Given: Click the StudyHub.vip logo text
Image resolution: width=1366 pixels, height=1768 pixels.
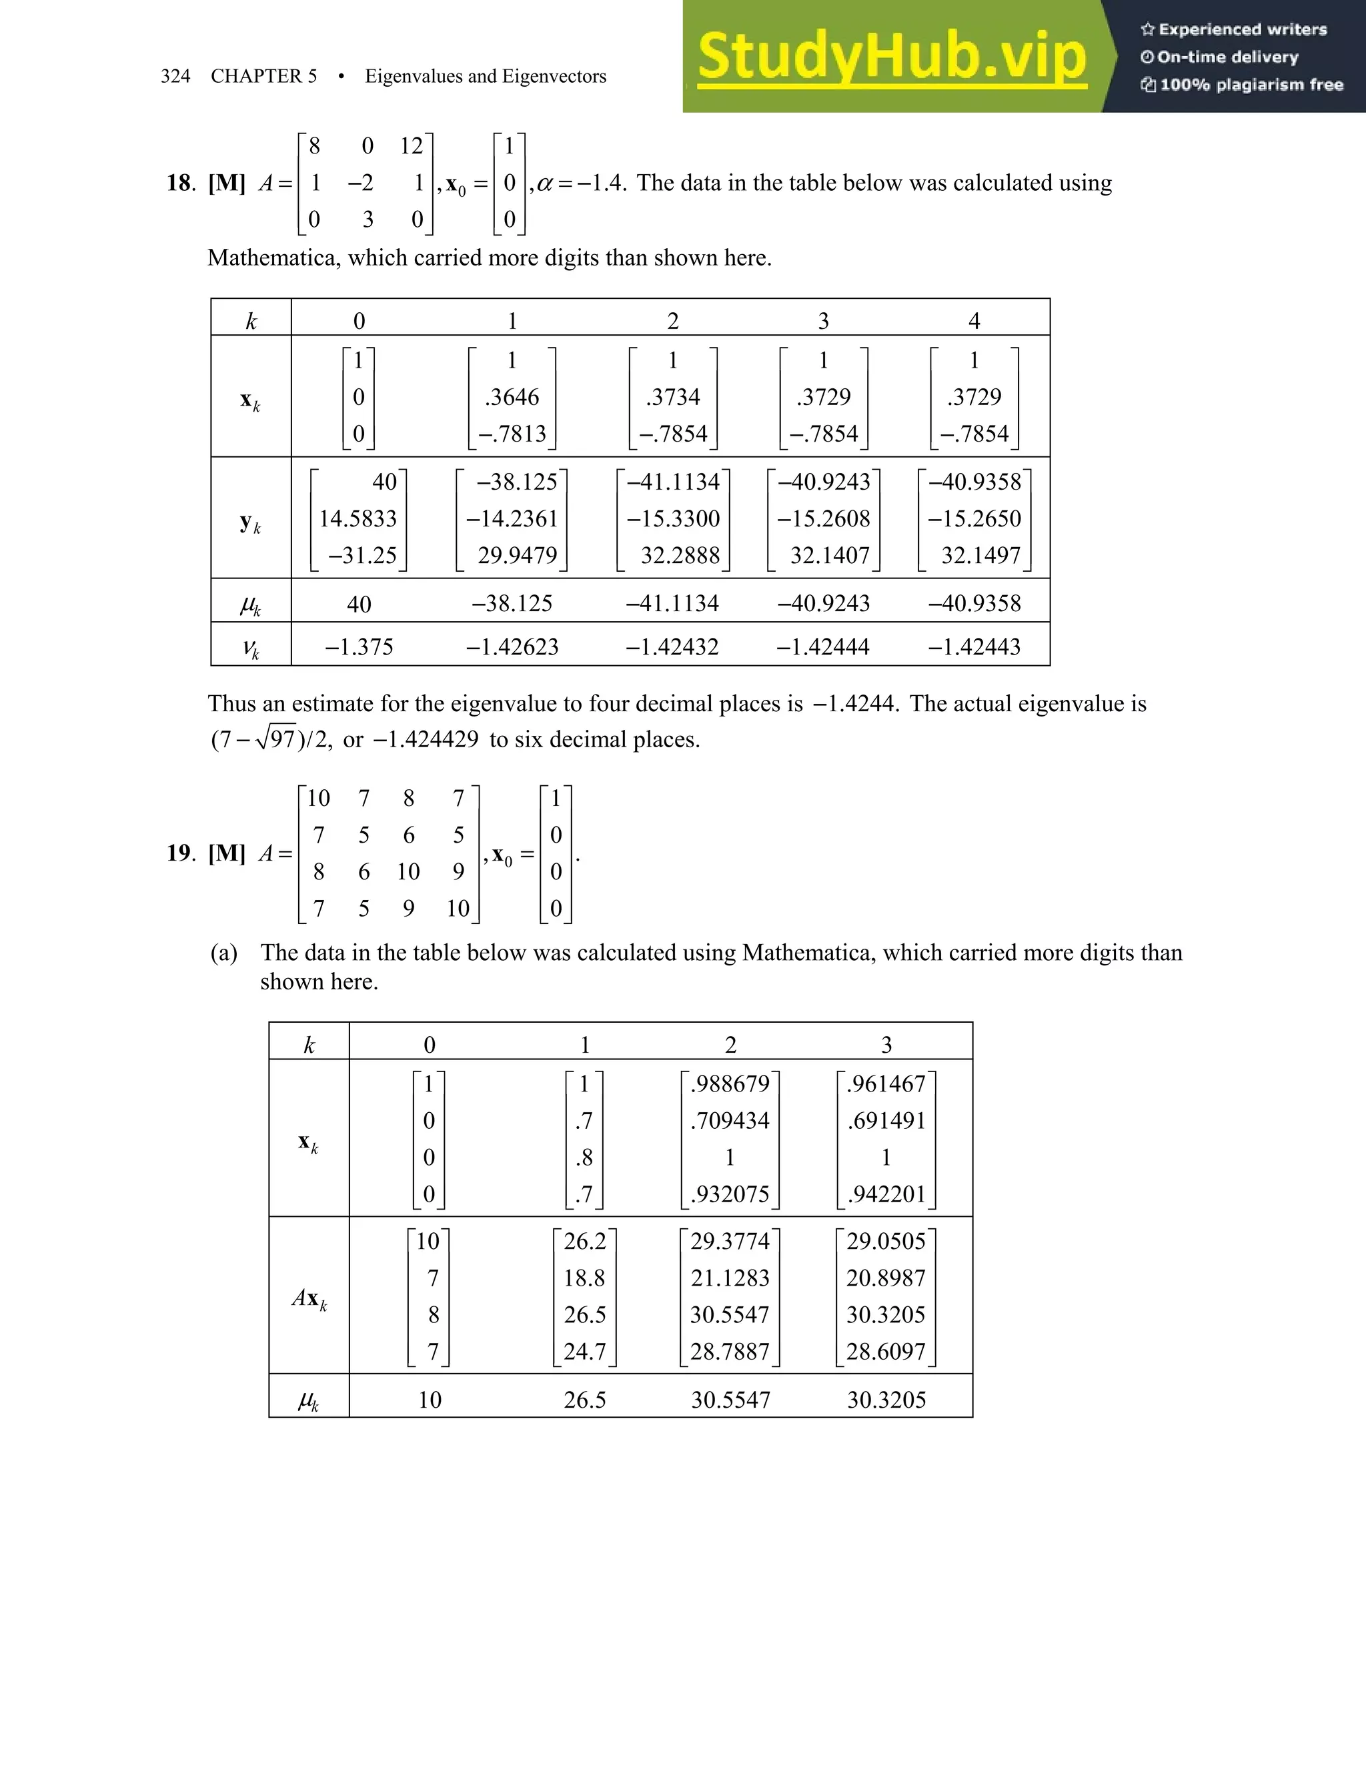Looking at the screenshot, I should click(891, 56).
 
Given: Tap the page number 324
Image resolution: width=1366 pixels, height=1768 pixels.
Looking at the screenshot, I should click(175, 76).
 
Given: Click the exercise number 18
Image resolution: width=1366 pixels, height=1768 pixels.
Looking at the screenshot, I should click(179, 183).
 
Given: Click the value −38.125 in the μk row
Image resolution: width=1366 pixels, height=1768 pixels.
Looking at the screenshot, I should click(512, 603).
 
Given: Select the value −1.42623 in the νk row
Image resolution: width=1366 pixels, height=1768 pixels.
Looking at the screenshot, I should click(512, 646).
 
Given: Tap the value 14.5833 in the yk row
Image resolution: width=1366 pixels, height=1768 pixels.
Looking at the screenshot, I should click(358, 518).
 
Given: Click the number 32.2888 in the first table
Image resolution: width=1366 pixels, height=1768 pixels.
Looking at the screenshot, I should click(680, 555).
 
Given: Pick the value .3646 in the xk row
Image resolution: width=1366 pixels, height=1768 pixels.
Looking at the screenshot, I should click(512, 397).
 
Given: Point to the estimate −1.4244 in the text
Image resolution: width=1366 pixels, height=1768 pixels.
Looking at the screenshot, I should click(854, 703).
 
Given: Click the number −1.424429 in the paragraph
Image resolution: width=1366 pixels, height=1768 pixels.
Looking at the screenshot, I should click(426, 740).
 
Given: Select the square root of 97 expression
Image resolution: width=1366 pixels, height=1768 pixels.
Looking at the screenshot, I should click(275, 739).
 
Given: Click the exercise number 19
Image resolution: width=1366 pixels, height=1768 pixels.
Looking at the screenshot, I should click(179, 853).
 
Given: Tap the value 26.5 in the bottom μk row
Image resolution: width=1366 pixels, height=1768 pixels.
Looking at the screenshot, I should click(584, 1400).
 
